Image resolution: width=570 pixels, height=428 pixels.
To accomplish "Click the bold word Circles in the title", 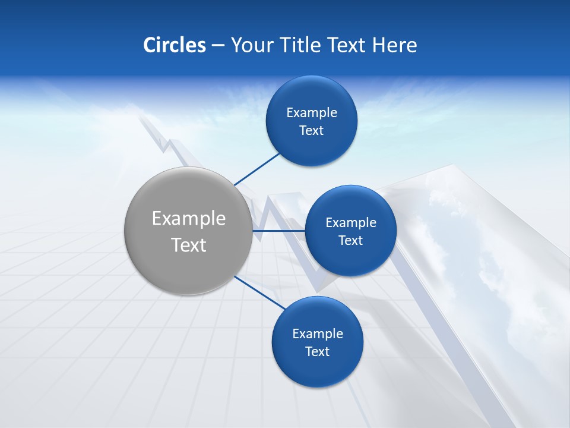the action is [x=175, y=45].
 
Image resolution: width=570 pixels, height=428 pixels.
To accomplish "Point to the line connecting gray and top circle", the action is [x=256, y=169].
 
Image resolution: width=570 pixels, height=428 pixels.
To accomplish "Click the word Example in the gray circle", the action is [x=189, y=219].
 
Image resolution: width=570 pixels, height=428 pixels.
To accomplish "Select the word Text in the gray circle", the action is [x=189, y=245].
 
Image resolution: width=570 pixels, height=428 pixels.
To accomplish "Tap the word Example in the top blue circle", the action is [x=312, y=113].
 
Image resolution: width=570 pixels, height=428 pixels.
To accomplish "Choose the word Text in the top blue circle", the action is [x=312, y=131].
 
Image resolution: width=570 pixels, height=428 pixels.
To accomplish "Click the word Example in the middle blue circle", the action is [x=351, y=223].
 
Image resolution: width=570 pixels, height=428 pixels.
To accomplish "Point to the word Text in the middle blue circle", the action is [x=351, y=241].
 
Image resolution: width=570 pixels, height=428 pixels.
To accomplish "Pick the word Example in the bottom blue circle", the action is [x=318, y=334].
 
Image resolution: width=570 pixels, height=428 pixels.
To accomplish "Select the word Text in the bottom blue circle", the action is [x=318, y=352].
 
